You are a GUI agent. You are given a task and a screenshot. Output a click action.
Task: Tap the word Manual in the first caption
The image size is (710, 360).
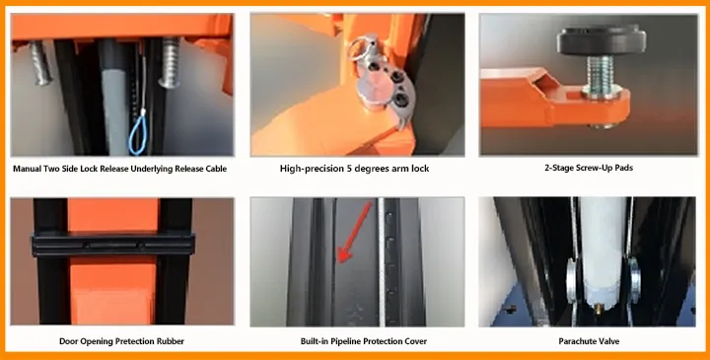click(x=30, y=169)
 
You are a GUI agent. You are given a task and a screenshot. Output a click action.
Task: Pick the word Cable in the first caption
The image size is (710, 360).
click(x=214, y=169)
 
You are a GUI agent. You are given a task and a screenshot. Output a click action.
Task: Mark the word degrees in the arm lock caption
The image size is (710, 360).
click(x=379, y=169)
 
